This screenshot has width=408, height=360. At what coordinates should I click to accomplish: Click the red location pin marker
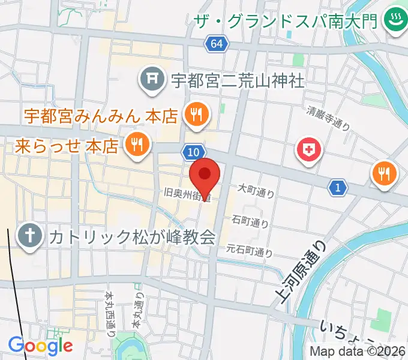click(205, 175)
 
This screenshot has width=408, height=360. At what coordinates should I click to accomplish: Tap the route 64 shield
click(216, 44)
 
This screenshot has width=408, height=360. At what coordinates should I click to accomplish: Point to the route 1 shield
click(338, 188)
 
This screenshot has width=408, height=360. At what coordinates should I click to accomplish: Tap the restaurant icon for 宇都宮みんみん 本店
click(196, 114)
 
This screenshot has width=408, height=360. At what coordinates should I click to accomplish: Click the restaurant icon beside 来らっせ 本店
click(137, 145)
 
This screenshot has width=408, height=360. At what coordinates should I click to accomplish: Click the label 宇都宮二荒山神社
click(238, 79)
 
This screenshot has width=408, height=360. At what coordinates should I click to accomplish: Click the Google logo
click(40, 346)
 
